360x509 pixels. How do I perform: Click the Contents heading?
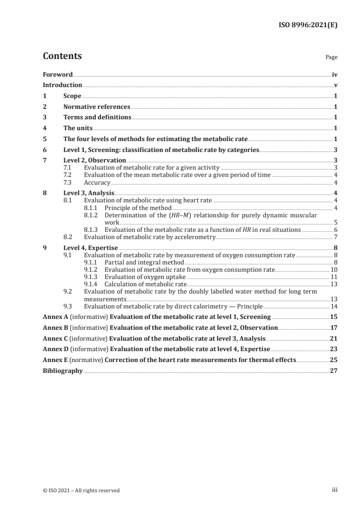(62, 56)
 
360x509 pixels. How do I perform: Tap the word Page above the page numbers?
(331, 58)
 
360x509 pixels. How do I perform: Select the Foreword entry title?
(58, 74)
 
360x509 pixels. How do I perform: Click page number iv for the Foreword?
(334, 74)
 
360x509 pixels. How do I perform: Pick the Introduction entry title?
(62, 85)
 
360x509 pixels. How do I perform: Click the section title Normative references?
(97, 107)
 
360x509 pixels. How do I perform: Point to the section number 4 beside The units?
(44, 128)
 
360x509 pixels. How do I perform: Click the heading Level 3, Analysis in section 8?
(89, 193)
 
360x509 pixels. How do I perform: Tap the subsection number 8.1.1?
(92, 208)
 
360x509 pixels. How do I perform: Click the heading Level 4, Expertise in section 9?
(90, 248)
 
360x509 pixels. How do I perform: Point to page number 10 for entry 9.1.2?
(333, 269)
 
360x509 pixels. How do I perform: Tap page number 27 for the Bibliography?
(333, 371)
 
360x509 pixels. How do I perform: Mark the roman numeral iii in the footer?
(335, 490)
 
